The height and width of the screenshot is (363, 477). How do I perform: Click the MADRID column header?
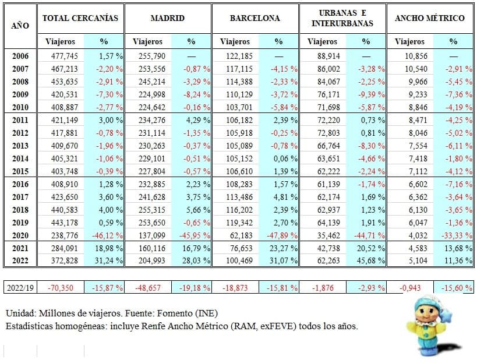click(168, 18)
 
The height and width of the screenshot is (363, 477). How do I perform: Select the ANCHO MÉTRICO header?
click(430, 18)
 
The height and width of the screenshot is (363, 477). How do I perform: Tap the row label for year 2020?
click(20, 235)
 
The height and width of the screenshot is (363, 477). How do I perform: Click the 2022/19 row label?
click(20, 288)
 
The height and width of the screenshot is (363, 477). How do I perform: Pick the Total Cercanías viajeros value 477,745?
click(65, 57)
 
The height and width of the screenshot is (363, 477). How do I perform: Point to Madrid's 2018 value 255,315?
click(152, 210)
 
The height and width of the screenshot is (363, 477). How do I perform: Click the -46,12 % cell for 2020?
click(107, 235)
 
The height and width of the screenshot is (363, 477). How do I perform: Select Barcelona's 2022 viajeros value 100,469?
click(239, 261)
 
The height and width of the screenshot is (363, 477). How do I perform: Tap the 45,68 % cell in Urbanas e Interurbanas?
click(371, 261)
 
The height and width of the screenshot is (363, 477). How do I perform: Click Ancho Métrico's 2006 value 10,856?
click(416, 57)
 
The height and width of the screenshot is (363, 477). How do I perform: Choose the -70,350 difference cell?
click(61, 288)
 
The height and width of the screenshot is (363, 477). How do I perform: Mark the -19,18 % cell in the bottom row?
click(195, 288)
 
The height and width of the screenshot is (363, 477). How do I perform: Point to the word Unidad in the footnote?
click(21, 313)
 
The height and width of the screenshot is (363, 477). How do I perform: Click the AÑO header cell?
click(20, 26)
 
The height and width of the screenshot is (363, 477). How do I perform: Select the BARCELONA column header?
click(255, 18)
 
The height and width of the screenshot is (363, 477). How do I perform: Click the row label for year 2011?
click(20, 120)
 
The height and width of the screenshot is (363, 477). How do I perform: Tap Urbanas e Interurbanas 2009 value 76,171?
click(328, 94)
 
